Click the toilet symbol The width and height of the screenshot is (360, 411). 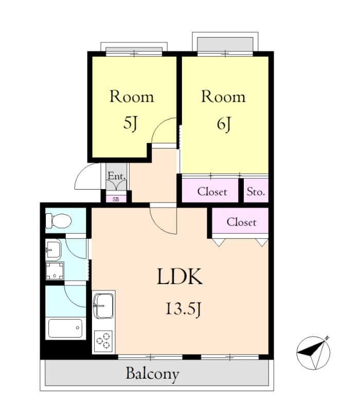tap(58, 221)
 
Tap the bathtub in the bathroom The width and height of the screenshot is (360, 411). tap(65, 328)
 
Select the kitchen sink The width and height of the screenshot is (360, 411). tap(104, 305)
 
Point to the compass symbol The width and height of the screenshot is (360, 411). tap(313, 352)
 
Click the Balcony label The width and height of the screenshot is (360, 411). tap(153, 373)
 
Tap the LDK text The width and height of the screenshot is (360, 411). tap(179, 277)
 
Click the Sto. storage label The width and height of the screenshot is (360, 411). tap(256, 192)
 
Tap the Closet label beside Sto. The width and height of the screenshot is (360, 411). tap(212, 192)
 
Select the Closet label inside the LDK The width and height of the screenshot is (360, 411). tap(241, 222)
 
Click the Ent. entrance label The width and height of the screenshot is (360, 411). tap(117, 177)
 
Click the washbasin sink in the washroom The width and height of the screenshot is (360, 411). tap(53, 250)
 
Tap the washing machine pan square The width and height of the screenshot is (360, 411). tap(55, 271)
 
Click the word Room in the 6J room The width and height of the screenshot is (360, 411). tap(223, 97)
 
